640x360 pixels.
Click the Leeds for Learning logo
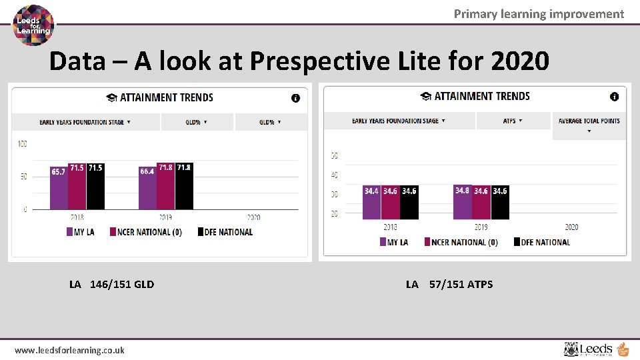tap(34, 25)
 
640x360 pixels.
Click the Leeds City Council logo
tap(595, 349)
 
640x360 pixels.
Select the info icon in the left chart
tap(295, 98)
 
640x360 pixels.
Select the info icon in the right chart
tap(614, 97)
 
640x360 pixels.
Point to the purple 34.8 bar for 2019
tap(462, 202)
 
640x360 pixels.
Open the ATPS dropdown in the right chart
tap(513, 121)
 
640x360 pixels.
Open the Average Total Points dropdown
tap(589, 125)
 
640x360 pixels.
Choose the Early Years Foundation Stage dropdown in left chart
tap(85, 122)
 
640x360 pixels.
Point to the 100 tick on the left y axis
tap(22, 144)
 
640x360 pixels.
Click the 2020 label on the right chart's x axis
tap(571, 227)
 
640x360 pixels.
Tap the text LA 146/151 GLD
tap(111, 284)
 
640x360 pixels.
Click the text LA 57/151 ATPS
tap(449, 284)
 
